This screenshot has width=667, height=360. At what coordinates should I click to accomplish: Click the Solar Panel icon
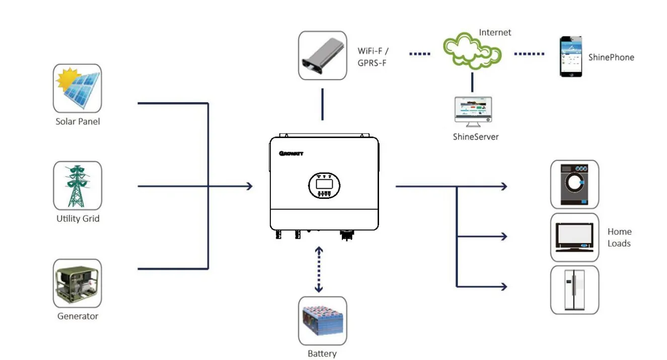click(78, 88)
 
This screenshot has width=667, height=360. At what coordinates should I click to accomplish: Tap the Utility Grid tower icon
click(78, 186)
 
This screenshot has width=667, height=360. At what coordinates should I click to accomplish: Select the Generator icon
click(78, 283)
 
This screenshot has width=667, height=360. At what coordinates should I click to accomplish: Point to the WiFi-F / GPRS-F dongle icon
click(322, 55)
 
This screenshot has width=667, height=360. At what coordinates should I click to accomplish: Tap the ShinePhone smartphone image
click(571, 56)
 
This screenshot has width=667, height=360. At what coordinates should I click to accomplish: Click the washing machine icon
click(574, 184)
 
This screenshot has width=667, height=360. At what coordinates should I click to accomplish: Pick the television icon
click(574, 237)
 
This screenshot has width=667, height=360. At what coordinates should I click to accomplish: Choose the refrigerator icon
click(574, 290)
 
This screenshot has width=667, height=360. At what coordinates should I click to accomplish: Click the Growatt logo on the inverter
click(291, 154)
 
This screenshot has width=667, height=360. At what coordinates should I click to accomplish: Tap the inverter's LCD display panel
click(323, 185)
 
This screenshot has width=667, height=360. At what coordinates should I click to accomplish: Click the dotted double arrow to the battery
click(319, 269)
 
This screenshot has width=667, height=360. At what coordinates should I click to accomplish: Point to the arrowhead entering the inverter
click(249, 186)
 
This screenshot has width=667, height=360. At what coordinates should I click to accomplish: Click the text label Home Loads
click(619, 237)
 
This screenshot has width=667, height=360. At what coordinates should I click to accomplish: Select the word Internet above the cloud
click(495, 32)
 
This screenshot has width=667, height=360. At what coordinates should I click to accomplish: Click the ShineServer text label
click(476, 136)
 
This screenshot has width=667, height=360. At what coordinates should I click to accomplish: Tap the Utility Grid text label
click(78, 219)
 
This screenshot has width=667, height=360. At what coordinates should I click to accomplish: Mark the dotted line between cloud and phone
click(529, 53)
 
